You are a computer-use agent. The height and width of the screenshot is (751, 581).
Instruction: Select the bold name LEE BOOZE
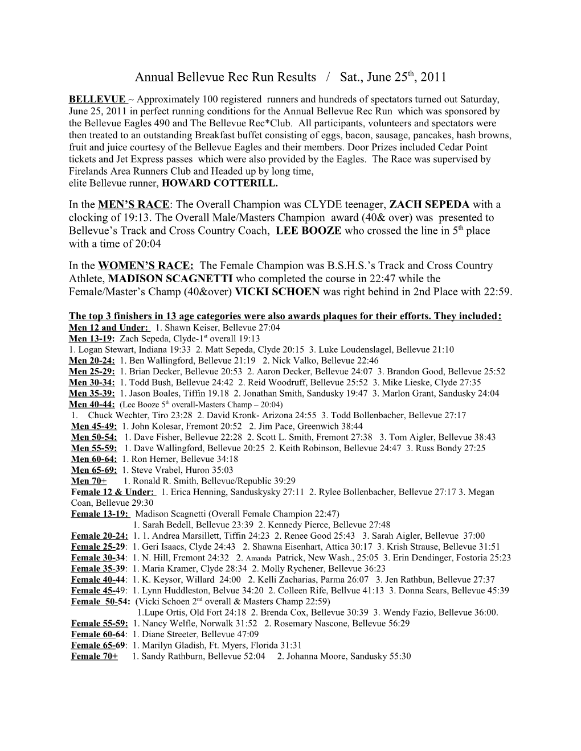point(309,230)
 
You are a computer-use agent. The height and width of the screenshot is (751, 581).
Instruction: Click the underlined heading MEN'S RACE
point(134,204)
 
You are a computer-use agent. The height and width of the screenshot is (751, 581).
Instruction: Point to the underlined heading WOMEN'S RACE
point(146,265)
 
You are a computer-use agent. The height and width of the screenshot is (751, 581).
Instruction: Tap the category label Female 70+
point(95,656)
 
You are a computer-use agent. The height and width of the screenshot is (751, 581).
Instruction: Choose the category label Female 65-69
point(98,645)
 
